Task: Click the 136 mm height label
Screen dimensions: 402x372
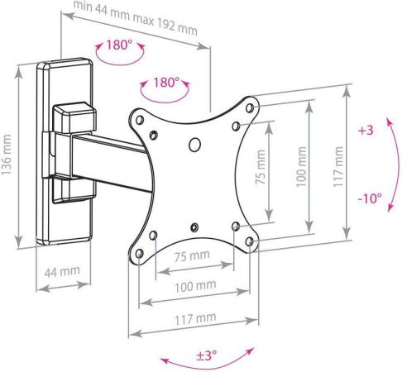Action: tap(6, 155)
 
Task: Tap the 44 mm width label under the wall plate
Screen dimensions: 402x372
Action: tap(62, 272)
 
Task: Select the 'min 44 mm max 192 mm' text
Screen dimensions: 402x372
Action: tap(136, 18)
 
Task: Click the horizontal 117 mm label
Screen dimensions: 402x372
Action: tap(195, 318)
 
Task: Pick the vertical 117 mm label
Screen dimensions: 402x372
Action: tap(338, 167)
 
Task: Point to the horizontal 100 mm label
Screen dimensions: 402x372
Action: tap(195, 286)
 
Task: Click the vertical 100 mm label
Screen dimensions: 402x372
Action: tap(302, 167)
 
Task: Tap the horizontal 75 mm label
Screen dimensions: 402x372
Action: tap(192, 256)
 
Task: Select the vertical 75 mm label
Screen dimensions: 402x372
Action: tap(261, 167)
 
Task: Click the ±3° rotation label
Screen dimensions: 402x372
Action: tap(207, 355)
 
